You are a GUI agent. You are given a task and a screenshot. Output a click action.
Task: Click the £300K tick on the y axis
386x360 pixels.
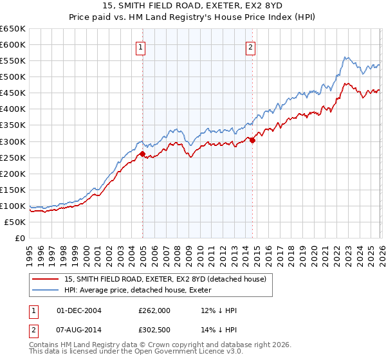tap(12, 141)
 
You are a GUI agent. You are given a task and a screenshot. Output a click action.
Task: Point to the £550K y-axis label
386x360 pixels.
tap(12, 60)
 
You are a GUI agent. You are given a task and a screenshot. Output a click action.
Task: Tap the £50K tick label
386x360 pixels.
tap(15, 222)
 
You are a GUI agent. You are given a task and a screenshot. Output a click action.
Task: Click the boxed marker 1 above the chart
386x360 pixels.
tap(140, 46)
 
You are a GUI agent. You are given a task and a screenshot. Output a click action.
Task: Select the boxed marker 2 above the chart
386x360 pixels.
tap(250, 46)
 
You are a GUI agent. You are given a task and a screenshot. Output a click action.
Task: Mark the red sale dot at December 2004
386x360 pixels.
tap(142, 153)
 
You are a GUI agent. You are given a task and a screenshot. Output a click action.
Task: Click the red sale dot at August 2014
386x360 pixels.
tap(252, 140)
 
